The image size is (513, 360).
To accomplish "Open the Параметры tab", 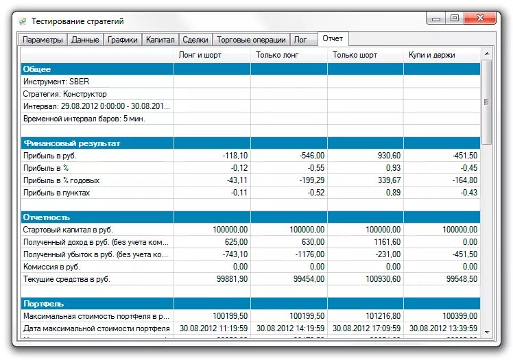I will click(43, 40).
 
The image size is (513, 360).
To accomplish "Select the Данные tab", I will click(86, 40).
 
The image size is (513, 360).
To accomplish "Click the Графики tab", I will click(123, 40).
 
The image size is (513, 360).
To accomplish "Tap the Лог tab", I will click(301, 40).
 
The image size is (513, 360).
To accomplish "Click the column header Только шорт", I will click(356, 54).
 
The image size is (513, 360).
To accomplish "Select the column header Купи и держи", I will click(432, 54).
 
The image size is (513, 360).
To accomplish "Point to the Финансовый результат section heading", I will click(71, 143).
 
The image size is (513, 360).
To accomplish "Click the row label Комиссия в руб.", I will click(51, 267).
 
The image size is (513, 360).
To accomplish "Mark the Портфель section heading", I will click(43, 304).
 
